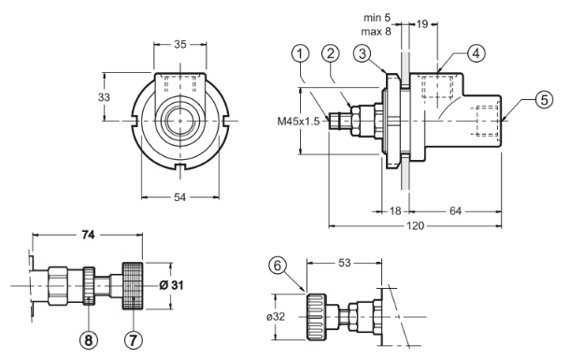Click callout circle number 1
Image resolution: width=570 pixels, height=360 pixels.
pos(300,54)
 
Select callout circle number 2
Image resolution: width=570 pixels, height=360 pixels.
pos(331,54)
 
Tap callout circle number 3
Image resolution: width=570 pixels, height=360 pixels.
pos(362,54)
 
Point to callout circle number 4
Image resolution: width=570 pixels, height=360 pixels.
pos(476,53)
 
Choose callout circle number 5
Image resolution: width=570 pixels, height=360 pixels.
pos(544,99)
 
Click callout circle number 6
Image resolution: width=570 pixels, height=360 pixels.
pos(278,266)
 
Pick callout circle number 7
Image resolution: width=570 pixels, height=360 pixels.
pos(134,340)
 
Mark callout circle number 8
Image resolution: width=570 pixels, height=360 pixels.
pos(89,340)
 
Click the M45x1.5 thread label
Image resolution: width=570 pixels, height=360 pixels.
pos(298,122)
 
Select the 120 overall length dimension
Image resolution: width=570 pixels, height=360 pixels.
pos(415,226)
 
